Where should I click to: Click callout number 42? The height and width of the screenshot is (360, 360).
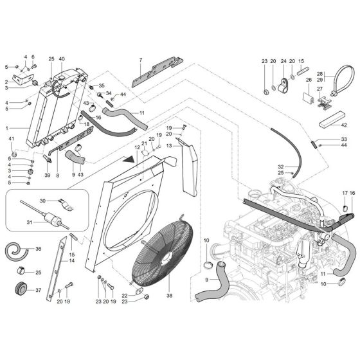click(x=343, y=124)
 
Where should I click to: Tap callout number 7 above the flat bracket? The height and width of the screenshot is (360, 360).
click(x=140, y=61)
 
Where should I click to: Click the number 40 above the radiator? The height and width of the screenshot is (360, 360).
click(x=62, y=60)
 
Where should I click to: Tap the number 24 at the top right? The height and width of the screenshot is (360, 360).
click(x=282, y=60)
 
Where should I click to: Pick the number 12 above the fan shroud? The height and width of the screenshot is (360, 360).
click(x=136, y=147)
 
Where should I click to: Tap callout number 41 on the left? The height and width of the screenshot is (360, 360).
click(x=11, y=139)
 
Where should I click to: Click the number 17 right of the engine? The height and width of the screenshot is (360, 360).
click(x=345, y=194)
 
